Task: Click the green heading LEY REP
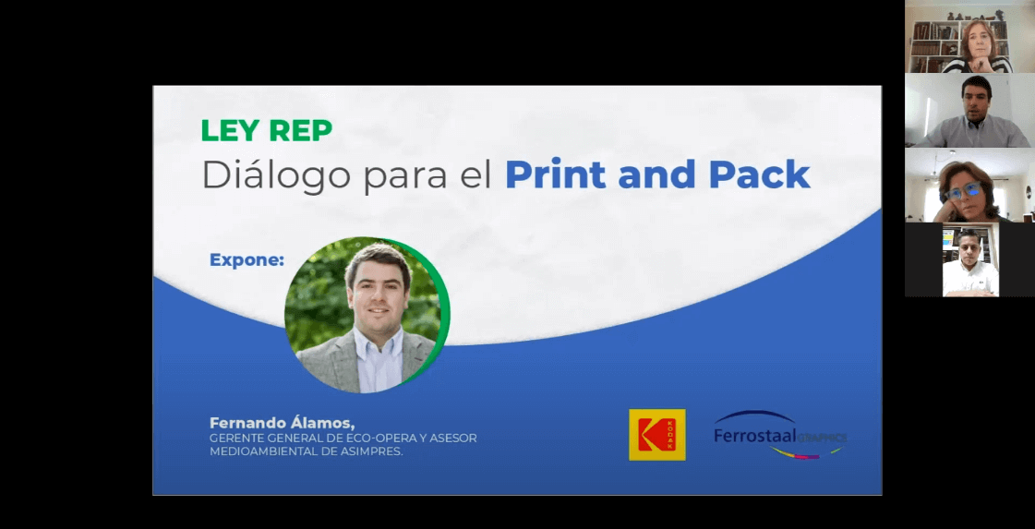[x=266, y=131]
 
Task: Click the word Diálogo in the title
[x=277, y=176]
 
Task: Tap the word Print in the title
[x=555, y=174]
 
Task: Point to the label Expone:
[x=247, y=260]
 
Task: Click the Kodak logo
[x=656, y=435]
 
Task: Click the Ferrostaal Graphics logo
[x=779, y=435]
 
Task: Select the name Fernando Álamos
[x=282, y=423]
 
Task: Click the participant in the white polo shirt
[x=970, y=260]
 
